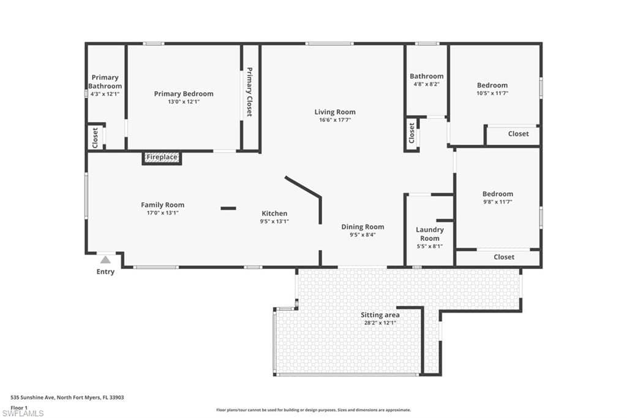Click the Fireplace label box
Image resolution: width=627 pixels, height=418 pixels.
(162, 158)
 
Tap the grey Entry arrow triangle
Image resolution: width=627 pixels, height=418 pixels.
(105, 260)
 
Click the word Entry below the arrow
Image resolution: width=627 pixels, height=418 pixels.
(105, 272)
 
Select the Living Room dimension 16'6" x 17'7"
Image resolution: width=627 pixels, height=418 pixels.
(335, 120)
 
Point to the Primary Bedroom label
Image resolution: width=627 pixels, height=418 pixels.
(184, 94)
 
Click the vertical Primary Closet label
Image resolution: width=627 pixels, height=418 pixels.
(250, 92)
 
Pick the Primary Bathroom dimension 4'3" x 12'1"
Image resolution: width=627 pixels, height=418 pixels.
(105, 94)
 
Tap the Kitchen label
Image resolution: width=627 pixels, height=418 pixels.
(274, 213)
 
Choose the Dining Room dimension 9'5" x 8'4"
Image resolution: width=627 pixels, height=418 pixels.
(362, 235)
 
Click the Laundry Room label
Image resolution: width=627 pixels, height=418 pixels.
(429, 234)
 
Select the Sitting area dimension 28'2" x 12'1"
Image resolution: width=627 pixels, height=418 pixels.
(380, 323)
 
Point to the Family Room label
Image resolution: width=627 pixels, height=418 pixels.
(162, 205)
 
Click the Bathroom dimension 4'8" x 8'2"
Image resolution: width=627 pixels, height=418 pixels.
(427, 84)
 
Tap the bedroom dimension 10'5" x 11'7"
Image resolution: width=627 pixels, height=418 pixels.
(492, 93)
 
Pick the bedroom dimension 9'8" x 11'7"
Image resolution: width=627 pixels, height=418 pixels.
(497, 202)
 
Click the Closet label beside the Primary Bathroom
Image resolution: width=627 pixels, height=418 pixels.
(95, 138)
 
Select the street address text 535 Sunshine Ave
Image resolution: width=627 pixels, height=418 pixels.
(32, 398)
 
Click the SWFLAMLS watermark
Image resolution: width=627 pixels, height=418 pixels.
(23, 413)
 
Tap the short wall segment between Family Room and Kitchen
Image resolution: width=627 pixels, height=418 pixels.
(228, 208)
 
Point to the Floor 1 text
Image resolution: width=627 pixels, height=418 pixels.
(19, 408)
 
